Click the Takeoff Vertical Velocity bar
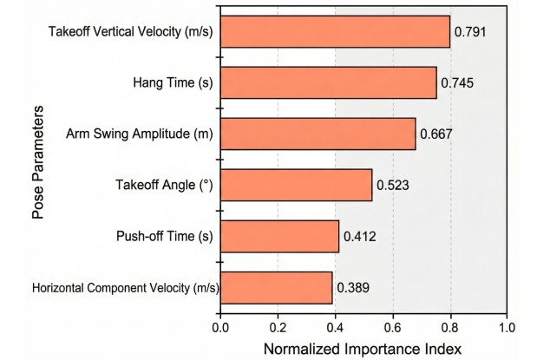335,31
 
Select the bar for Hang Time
329,82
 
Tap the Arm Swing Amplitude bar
318,134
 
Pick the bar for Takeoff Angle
296,185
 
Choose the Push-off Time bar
280,236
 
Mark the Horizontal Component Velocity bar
277,288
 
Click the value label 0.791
470,32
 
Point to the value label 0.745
457,83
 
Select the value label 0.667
436,134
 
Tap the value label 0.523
393,186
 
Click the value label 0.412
360,236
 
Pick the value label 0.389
353,288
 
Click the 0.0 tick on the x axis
220,328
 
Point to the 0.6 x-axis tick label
393,328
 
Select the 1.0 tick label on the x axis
507,328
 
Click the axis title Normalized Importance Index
363,350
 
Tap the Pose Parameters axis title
38,162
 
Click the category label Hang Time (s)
173,83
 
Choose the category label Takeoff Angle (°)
164,185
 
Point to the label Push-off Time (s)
164,236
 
